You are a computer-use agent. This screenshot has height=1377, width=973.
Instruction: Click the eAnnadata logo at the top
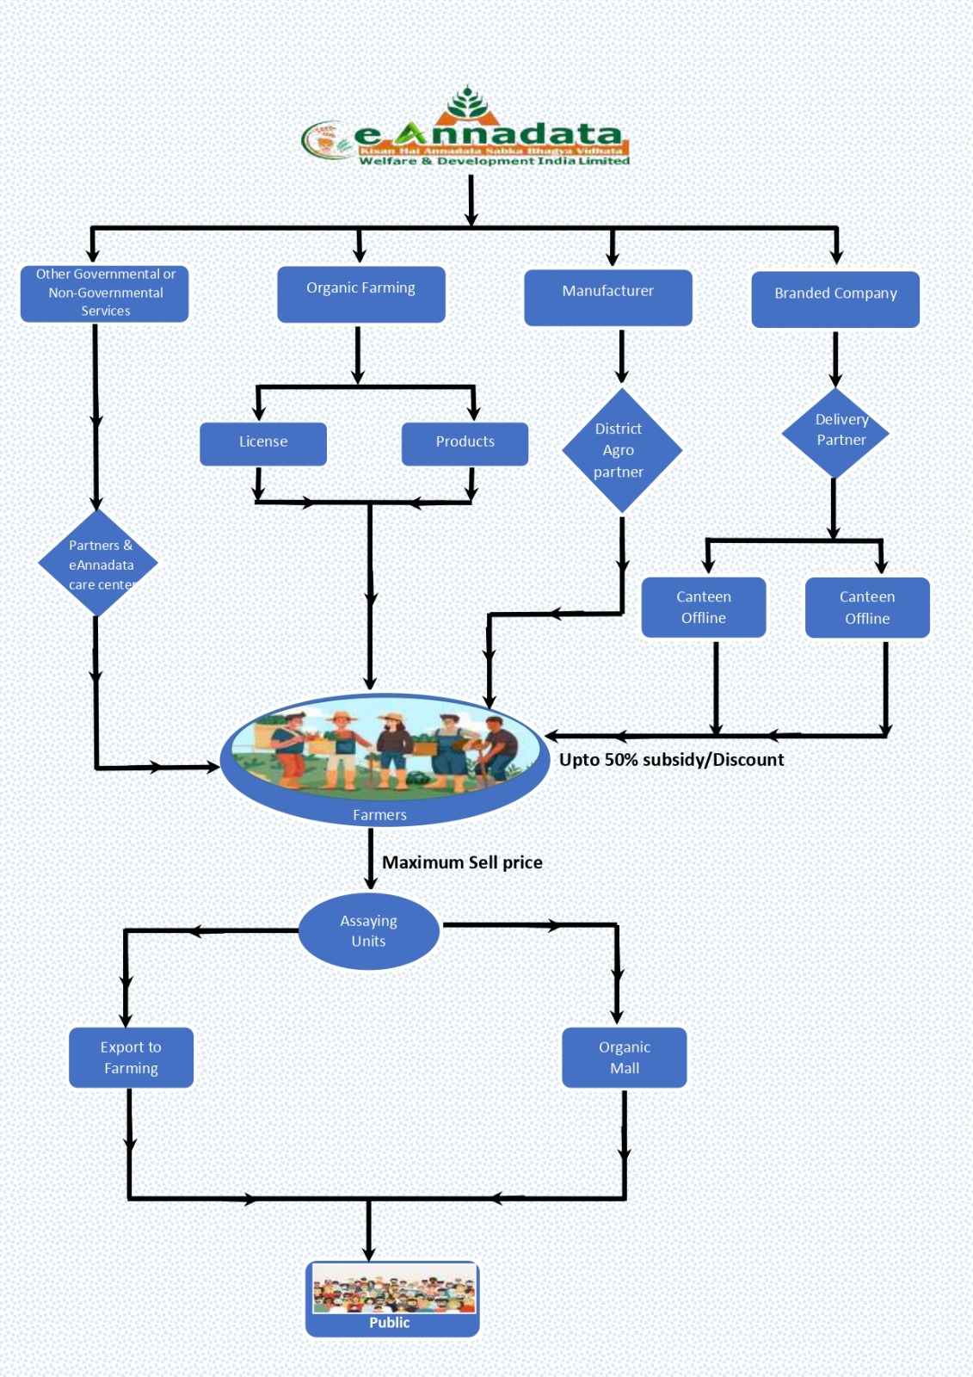(469, 133)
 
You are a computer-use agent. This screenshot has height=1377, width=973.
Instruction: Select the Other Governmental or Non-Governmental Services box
(104, 293)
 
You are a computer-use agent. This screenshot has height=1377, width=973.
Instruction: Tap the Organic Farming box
(360, 293)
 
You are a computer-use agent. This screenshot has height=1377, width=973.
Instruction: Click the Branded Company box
(834, 299)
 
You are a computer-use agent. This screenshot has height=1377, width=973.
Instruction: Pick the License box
(262, 443)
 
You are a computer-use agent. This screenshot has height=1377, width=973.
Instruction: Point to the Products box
(465, 443)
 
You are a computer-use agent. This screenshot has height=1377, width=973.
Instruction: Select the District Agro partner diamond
(621, 450)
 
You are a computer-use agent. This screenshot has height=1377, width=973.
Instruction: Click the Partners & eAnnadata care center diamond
(98, 564)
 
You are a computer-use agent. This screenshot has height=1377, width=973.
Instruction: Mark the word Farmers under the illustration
(379, 814)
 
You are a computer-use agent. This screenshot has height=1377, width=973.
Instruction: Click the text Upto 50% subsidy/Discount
(671, 759)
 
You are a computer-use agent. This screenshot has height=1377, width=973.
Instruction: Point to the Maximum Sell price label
(462, 861)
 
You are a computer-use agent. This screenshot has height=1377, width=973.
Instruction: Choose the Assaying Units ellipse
(368, 931)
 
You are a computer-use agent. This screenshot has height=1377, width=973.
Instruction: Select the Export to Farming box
(131, 1057)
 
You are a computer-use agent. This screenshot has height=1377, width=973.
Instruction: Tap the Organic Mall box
(624, 1057)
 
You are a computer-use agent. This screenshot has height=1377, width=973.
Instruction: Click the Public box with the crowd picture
(392, 1298)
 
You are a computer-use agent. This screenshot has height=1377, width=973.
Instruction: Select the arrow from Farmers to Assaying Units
(371, 859)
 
